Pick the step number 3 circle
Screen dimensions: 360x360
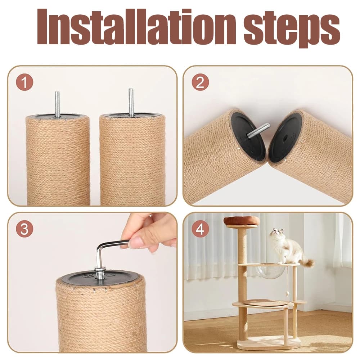pos(24,229)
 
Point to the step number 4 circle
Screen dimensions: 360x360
pos(200,229)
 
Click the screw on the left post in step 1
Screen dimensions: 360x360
pos(57,104)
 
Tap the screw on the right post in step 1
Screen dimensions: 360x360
pos(132,102)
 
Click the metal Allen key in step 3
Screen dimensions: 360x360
pos(104,250)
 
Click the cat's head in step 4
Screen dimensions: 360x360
pos(276,234)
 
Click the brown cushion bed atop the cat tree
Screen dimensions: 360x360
pos(241,221)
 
